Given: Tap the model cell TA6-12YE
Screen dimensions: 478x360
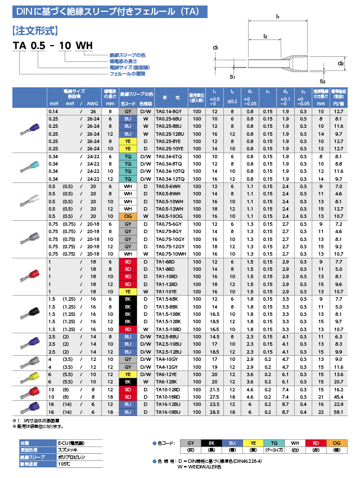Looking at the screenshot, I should [x=170, y=374].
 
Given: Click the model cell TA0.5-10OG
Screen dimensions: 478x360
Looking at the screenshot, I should [x=170, y=216].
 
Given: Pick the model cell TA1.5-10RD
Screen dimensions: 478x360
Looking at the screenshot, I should [x=170, y=329].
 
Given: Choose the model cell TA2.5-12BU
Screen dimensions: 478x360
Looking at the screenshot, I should [x=170, y=351].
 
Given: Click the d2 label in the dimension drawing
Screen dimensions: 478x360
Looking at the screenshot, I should [x=341, y=64].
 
